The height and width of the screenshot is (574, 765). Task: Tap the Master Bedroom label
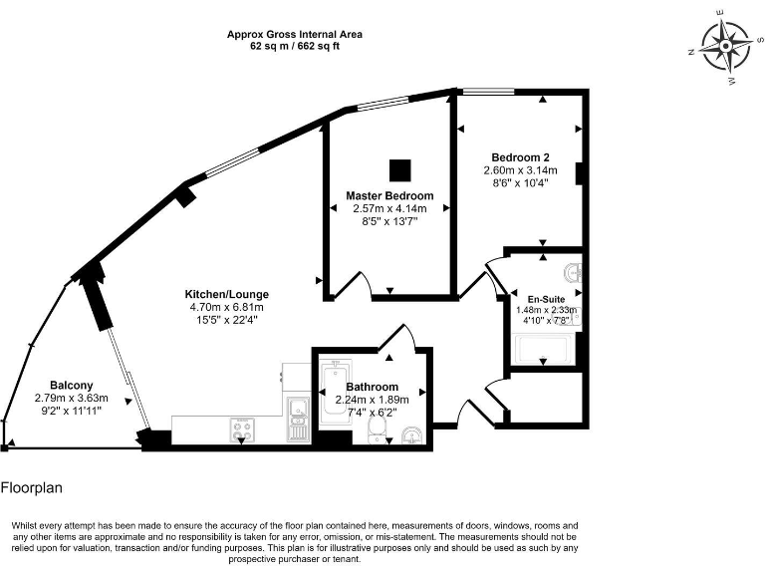click(389, 195)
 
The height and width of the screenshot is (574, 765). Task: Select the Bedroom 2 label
click(520, 157)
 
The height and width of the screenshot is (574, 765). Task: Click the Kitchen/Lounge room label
click(226, 294)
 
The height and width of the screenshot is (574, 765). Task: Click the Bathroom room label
click(373, 387)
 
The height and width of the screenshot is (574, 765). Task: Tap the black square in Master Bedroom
click(399, 167)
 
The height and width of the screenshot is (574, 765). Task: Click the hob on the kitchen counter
click(241, 430)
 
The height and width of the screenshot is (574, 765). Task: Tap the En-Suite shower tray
click(539, 350)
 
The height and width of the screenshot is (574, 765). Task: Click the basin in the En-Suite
click(571, 273)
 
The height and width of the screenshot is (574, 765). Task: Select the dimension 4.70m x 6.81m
click(226, 308)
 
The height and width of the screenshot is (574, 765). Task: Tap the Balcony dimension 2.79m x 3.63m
click(71, 399)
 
